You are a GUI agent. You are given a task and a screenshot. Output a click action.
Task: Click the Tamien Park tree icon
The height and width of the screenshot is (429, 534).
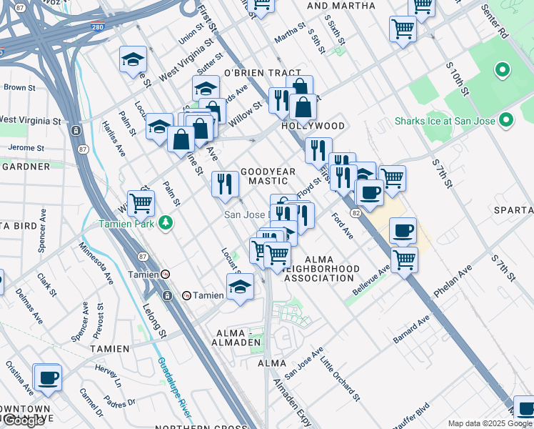click(166, 223)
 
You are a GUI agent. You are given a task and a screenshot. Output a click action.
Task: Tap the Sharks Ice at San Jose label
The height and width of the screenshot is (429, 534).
click(445, 121)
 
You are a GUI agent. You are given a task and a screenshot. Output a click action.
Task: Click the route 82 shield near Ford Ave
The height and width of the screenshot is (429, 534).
click(355, 213)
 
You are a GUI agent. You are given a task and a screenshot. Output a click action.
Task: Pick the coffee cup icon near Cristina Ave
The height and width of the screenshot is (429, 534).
click(49, 378)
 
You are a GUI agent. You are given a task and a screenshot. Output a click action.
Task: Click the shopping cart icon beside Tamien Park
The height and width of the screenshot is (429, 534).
click(141, 204)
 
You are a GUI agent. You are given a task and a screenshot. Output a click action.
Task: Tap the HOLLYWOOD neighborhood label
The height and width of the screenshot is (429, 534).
click(313, 126)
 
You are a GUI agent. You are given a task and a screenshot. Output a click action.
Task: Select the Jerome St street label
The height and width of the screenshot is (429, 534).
click(26, 147)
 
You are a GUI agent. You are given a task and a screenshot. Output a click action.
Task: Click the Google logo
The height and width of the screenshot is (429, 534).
click(24, 420)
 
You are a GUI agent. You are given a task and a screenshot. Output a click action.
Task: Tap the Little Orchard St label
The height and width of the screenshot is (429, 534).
click(340, 378)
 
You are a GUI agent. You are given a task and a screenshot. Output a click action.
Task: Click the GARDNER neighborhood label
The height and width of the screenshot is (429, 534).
click(26, 166)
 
